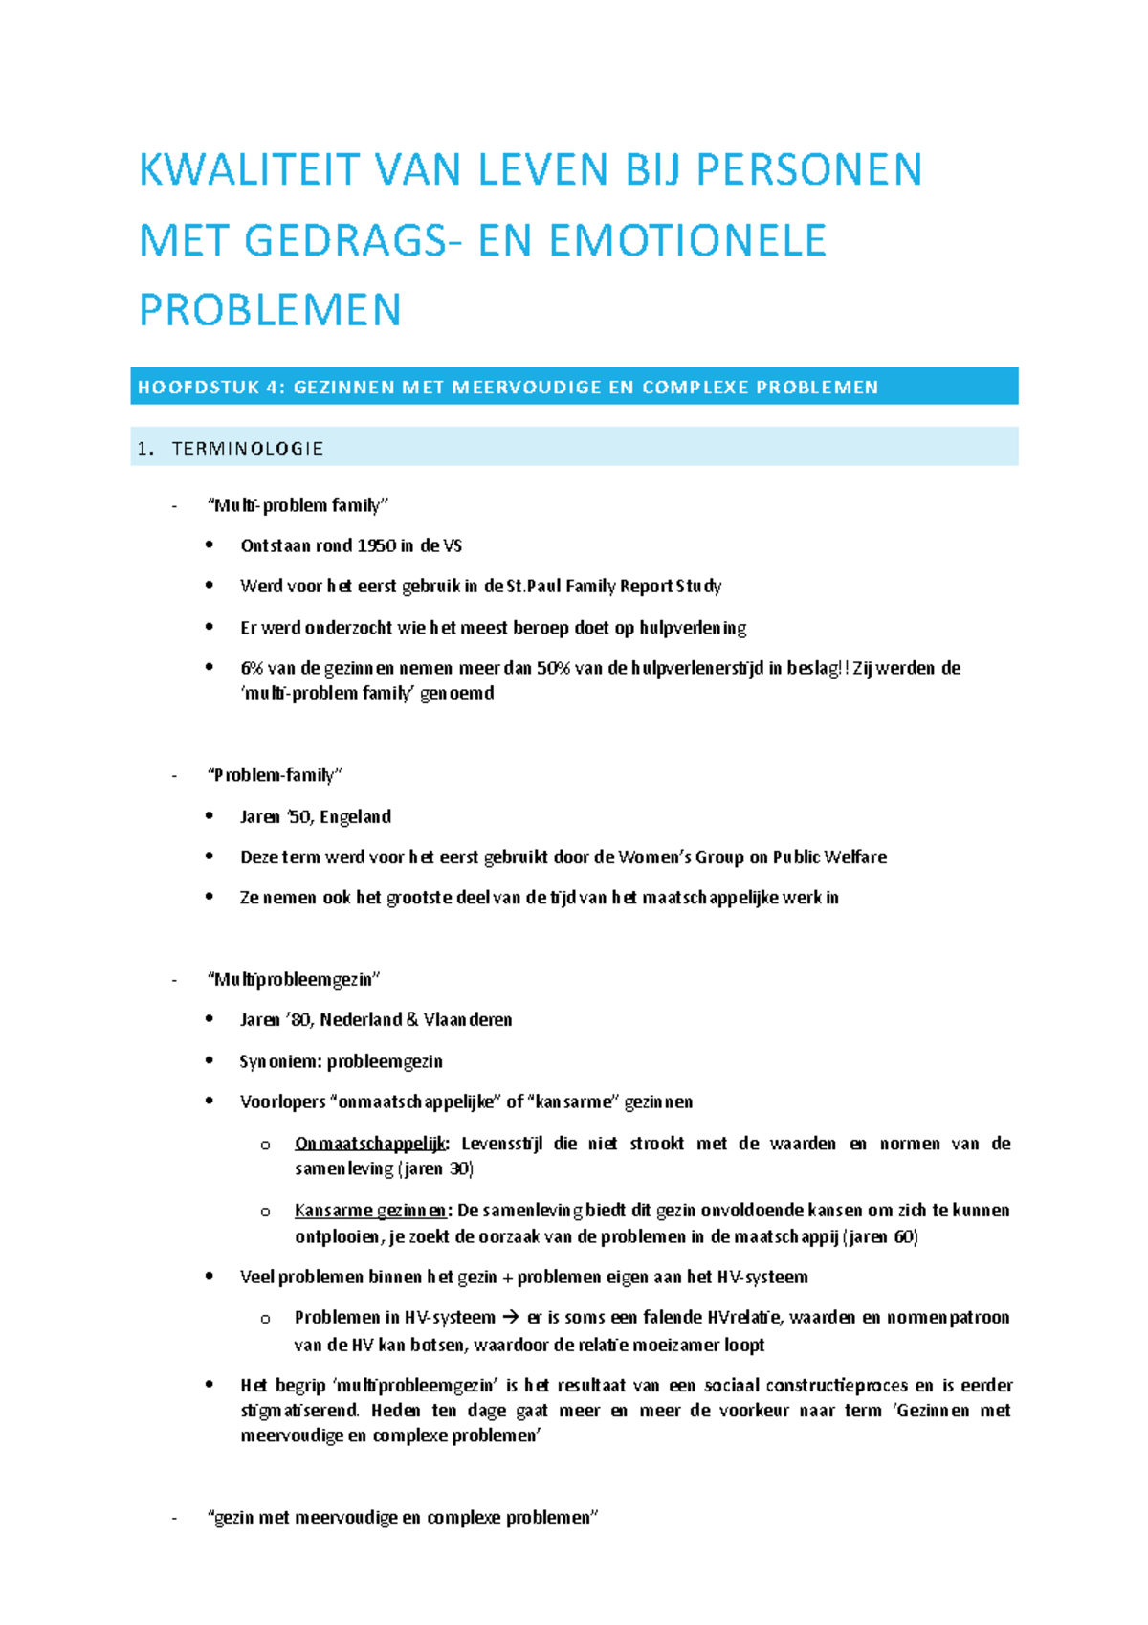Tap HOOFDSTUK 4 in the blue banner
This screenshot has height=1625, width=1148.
(x=210, y=388)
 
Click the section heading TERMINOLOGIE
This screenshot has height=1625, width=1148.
(x=247, y=449)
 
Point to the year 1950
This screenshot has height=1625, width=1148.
(x=376, y=546)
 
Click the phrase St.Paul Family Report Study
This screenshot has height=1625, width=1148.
(x=613, y=587)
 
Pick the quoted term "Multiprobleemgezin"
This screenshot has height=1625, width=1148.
(x=293, y=979)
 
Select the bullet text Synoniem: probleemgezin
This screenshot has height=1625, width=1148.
(x=341, y=1061)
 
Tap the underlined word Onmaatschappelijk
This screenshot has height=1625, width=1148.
(x=370, y=1144)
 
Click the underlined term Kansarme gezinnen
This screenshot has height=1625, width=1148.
(x=370, y=1211)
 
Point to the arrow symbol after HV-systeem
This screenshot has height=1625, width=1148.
(x=511, y=1318)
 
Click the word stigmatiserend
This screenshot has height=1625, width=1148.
(x=299, y=1411)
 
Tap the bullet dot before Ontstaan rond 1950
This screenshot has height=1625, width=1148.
(x=210, y=545)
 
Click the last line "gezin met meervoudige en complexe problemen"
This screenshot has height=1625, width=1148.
(x=402, y=1518)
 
